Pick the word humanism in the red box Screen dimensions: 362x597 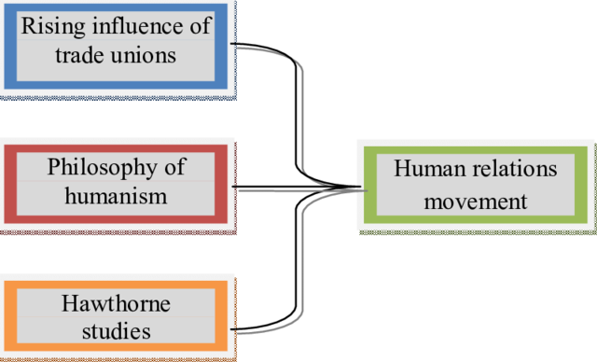pos(116,196)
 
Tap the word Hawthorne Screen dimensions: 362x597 pos(116,303)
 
